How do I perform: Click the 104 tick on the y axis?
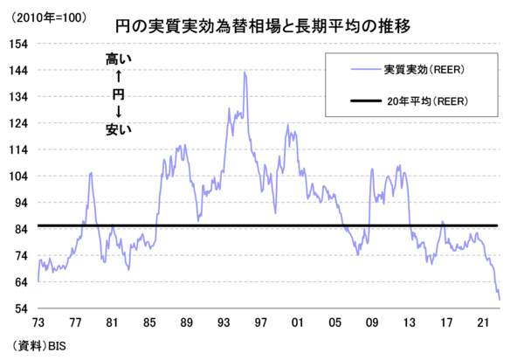[x=20, y=176]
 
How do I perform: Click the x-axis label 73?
[x=38, y=322]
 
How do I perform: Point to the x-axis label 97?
[x=259, y=322]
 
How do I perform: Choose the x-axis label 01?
[x=297, y=322]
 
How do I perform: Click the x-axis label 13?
[x=407, y=322]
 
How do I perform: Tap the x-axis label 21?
[x=480, y=322]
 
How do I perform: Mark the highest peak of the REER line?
[x=244, y=73]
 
